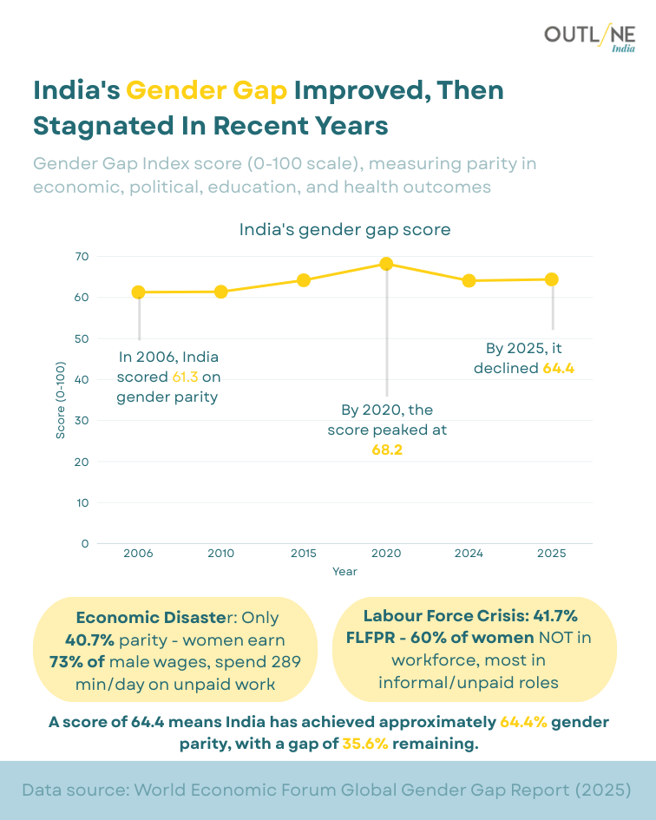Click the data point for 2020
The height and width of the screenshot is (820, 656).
click(x=386, y=264)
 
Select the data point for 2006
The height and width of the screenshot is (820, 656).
click(x=139, y=292)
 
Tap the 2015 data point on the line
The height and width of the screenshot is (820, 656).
click(x=304, y=279)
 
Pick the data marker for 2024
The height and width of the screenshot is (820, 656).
click(x=469, y=280)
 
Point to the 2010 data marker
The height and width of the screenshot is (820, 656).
click(x=221, y=292)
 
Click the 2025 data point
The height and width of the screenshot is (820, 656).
click(x=551, y=279)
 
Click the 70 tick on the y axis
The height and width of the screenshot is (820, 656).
click(x=82, y=257)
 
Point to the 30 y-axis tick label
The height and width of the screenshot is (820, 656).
click(x=82, y=421)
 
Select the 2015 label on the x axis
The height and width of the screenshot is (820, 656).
click(x=304, y=554)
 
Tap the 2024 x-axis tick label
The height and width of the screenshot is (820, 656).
click(x=469, y=554)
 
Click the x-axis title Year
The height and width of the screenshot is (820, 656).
click(x=344, y=572)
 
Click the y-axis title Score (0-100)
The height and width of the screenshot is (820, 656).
click(x=61, y=400)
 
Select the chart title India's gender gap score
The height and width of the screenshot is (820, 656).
click(x=344, y=230)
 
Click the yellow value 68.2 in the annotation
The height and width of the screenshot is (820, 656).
click(x=386, y=450)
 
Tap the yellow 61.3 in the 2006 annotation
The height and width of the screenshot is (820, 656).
click(x=185, y=377)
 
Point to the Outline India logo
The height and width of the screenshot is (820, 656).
click(x=589, y=38)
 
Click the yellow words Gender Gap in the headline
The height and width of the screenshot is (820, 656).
click(x=207, y=90)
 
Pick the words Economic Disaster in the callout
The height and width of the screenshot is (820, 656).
click(x=153, y=618)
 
